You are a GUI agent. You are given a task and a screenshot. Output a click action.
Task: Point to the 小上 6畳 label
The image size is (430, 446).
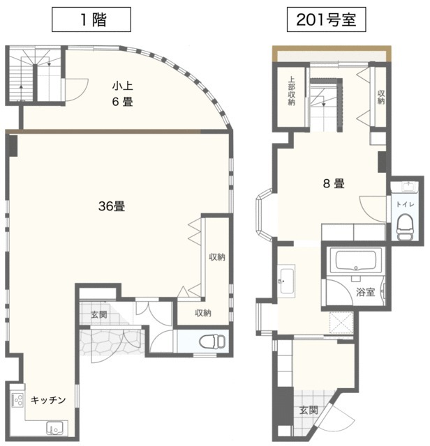(123, 94)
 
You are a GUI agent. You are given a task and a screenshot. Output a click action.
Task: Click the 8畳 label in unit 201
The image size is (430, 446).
(332, 184)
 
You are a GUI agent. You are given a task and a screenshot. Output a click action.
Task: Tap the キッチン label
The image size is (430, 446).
(49, 400)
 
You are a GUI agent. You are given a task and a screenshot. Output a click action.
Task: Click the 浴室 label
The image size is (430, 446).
(366, 293)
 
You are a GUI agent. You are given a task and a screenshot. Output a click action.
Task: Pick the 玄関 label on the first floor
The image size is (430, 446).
(98, 315)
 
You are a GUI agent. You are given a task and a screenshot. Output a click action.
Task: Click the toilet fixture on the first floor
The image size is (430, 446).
(210, 341)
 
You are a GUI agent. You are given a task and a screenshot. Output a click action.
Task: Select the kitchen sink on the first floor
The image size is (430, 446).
(53, 428)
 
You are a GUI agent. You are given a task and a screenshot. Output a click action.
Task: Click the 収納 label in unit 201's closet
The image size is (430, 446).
(380, 96)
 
